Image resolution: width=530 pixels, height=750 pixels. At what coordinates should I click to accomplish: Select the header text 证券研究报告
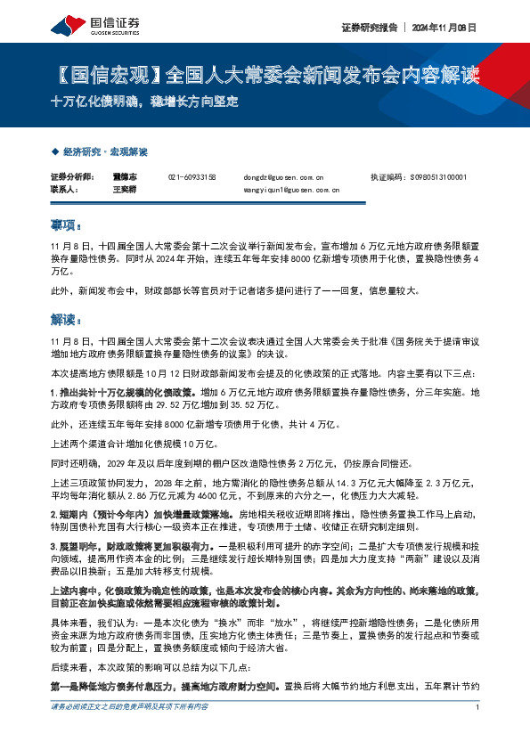pyautogui.click(x=367, y=28)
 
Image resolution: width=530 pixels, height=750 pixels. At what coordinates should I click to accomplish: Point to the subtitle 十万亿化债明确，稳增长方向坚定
pyautogui.click(x=144, y=101)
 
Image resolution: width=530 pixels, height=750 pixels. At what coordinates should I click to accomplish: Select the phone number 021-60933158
pyautogui.click(x=192, y=177)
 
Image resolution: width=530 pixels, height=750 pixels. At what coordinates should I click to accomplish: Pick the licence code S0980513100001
pyautogui.click(x=442, y=177)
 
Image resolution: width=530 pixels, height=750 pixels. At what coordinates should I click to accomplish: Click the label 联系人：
pyautogui.click(x=65, y=190)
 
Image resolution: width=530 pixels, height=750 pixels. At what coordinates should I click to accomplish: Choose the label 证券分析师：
pyautogui.click(x=69, y=177)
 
